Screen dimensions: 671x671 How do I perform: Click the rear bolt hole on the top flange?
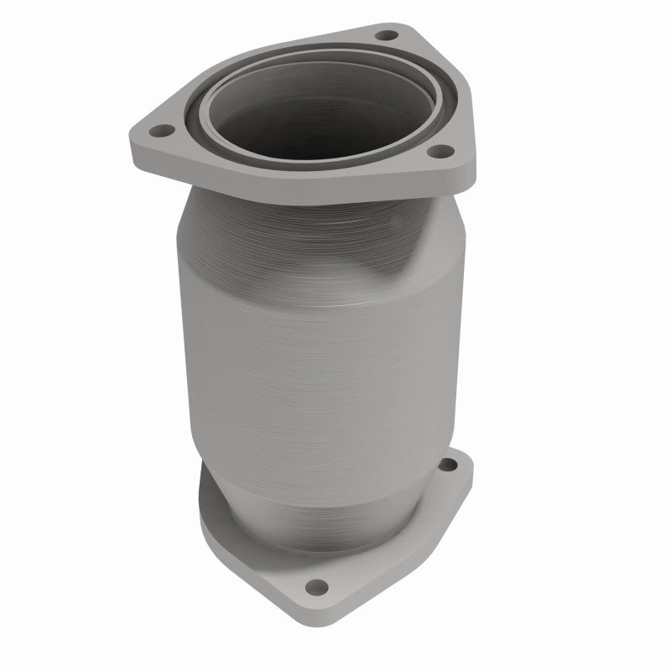(386, 36)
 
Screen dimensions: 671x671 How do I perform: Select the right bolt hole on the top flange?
(436, 152)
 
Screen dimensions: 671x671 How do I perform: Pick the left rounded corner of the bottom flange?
(205, 512)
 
